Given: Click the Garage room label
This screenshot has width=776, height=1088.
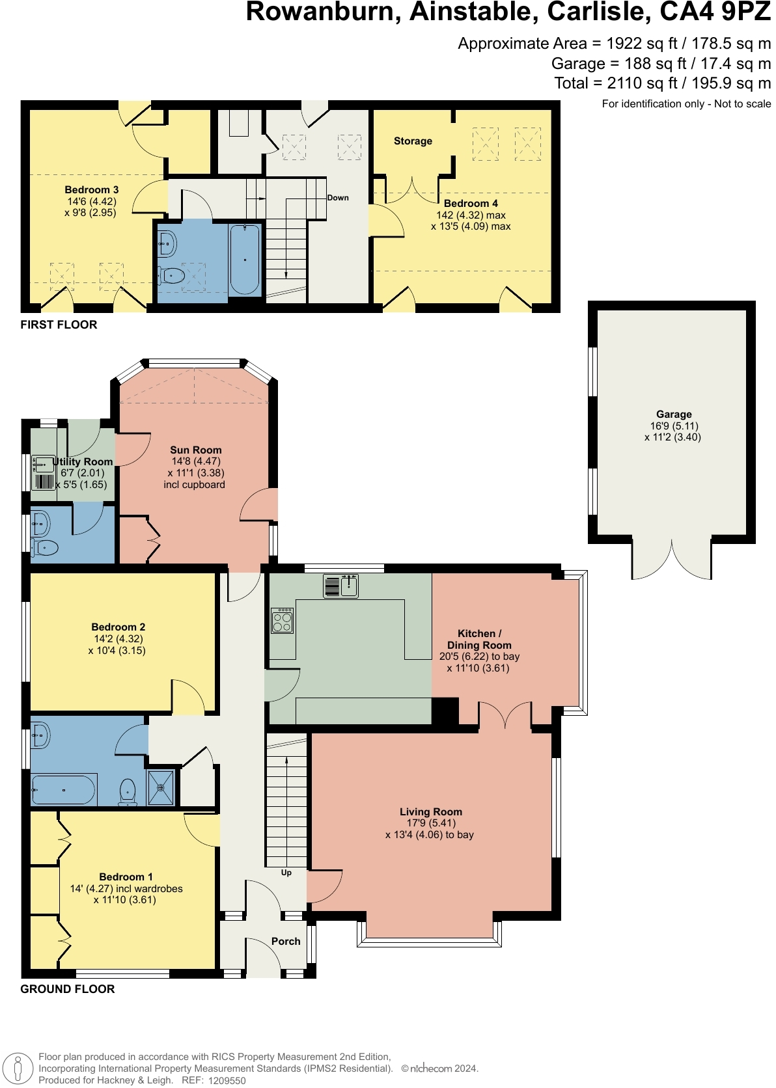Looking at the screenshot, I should tap(674, 414).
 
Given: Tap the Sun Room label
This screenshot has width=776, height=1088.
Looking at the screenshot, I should tap(196, 450).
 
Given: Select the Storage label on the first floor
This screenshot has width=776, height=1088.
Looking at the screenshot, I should tap(413, 141).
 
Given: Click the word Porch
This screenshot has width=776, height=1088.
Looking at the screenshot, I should tap(286, 941).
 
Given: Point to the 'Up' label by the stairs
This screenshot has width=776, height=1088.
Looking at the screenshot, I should tap(286, 873).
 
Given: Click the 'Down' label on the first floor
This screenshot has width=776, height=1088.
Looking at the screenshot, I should tap(338, 198).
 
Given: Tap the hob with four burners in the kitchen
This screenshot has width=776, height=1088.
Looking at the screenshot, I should tap(283, 621).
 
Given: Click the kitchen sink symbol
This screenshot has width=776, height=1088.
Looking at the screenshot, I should tap(341, 586).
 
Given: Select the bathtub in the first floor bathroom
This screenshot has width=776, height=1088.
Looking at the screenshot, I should tap(245, 259).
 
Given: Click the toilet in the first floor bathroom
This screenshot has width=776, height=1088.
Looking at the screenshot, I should tap(172, 276).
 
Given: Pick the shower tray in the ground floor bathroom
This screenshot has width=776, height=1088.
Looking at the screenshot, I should tap(161, 788).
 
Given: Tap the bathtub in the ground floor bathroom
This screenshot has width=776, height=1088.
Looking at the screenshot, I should tap(63, 790).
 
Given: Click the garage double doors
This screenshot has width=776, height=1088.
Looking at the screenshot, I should tap(671, 560).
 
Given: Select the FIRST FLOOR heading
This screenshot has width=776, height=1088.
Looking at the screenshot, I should tap(59, 325).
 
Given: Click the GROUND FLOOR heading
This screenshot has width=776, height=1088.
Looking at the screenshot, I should tap(67, 989).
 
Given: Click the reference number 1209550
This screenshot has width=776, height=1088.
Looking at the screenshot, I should tap(227, 1081).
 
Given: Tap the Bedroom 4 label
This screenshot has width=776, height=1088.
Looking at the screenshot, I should tap(471, 204).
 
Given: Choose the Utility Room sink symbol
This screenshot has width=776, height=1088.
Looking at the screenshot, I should tap(44, 464).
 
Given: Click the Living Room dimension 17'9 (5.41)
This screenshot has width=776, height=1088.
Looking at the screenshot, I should tap(431, 823).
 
